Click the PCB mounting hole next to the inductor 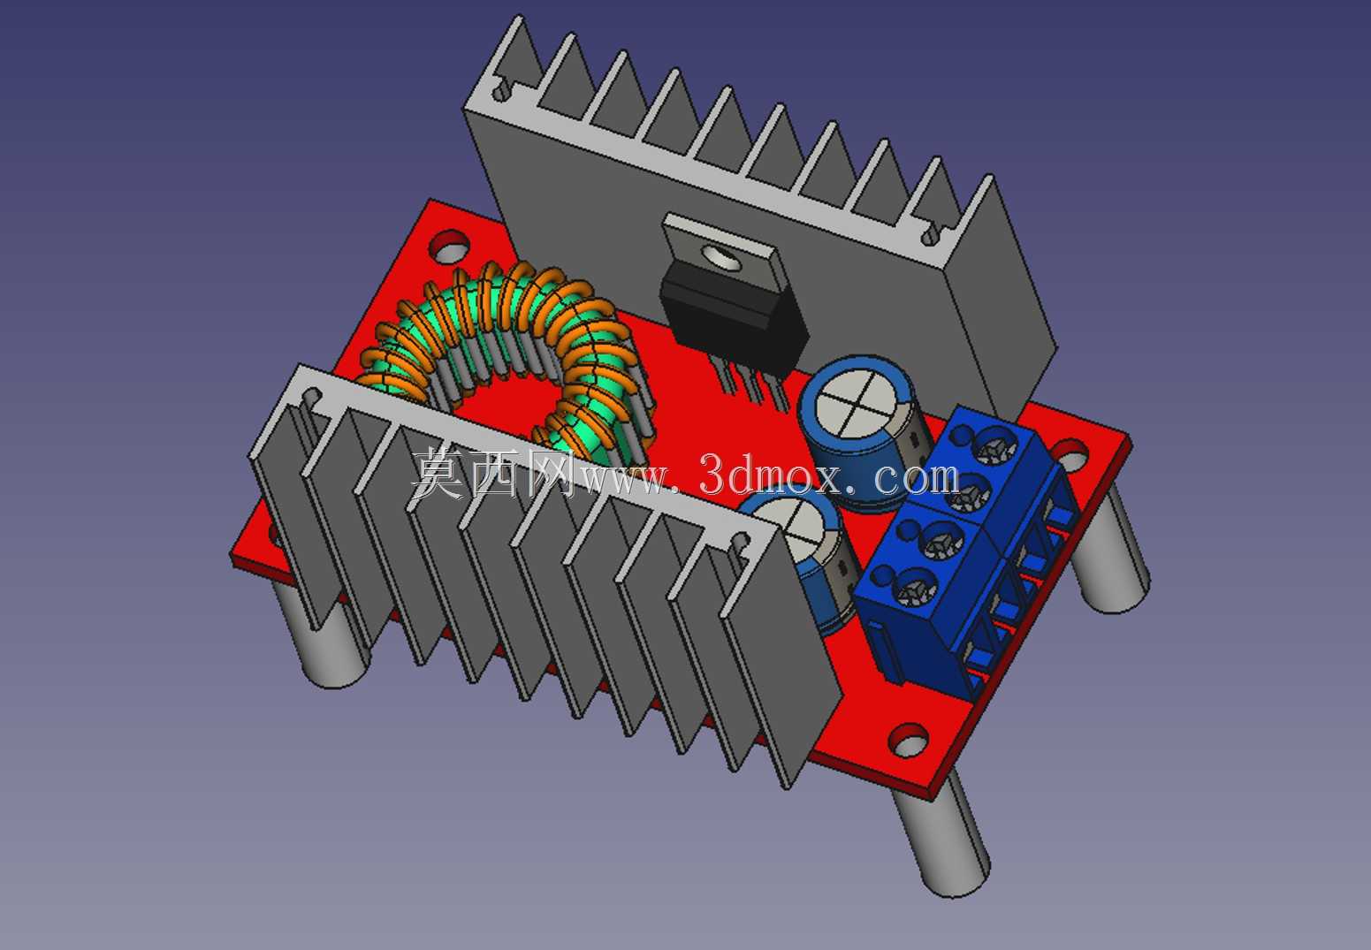pos(450,246)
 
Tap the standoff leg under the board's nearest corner pos(941,837)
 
